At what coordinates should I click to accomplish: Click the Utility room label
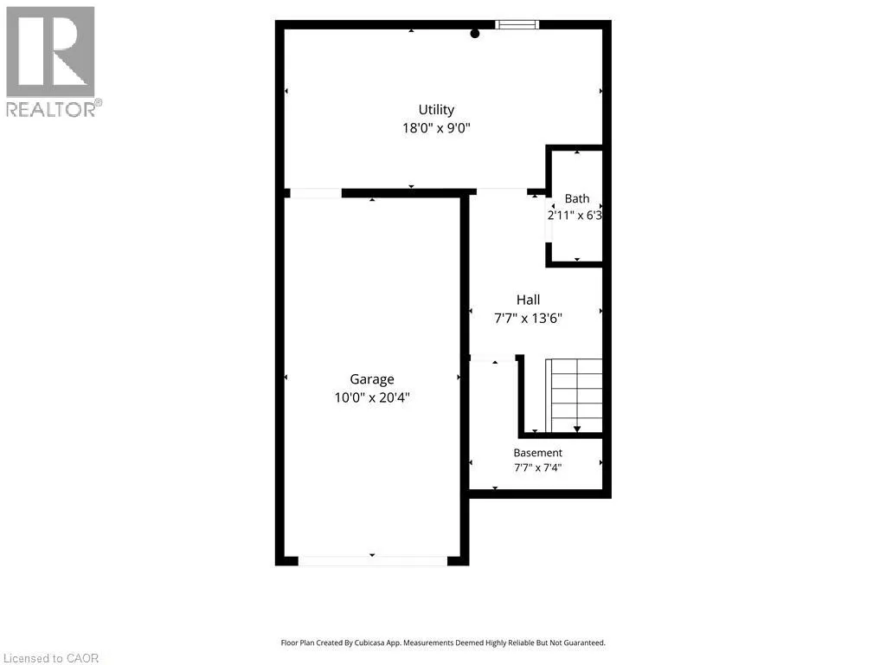tap(436, 110)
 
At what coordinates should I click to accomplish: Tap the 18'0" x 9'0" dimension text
tap(436, 128)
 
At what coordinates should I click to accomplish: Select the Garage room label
tap(372, 379)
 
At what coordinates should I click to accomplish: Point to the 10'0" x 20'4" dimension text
tap(372, 397)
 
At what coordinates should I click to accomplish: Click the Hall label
tap(529, 300)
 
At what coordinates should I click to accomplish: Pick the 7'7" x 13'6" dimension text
tap(529, 319)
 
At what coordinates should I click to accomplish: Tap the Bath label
tap(577, 198)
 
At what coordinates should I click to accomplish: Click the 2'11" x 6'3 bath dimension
tap(575, 216)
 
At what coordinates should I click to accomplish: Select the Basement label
tap(538, 453)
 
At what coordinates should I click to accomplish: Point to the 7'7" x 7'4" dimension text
tap(538, 468)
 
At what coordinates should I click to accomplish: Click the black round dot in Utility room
tap(475, 34)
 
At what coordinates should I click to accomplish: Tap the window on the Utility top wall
tap(517, 24)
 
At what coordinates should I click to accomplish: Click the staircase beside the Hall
tap(575, 395)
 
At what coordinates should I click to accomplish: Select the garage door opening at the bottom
tap(372, 561)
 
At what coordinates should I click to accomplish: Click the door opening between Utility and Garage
tap(315, 193)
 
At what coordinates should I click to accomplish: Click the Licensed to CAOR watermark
tap(51, 658)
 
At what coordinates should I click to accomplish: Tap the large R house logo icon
tap(50, 52)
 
